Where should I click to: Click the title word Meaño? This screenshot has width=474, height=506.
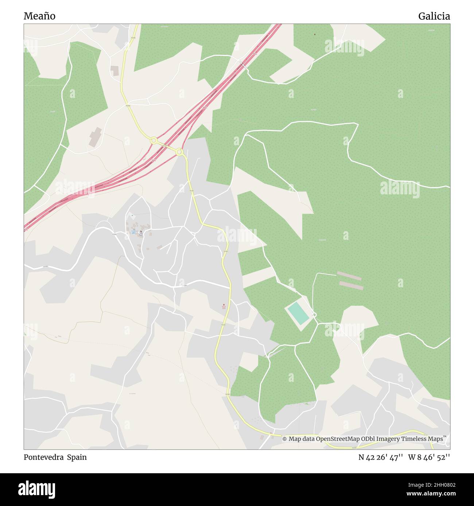[39, 16]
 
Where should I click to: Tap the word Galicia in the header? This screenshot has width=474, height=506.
[434, 16]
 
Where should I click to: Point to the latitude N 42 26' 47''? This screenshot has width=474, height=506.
[381, 457]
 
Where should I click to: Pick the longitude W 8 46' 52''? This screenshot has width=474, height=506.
[429, 457]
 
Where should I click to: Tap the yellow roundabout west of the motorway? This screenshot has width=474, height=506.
[154, 140]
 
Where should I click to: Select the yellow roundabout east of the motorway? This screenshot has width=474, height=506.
[179, 152]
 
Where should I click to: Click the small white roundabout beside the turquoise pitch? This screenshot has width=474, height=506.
[314, 315]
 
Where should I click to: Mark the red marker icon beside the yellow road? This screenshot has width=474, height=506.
[224, 306]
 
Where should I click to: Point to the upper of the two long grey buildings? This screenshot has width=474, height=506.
[349, 276]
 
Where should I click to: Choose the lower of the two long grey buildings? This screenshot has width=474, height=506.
[351, 285]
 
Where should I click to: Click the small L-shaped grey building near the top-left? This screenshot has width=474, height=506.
[115, 71]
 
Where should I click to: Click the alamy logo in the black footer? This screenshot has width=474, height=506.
[37, 489]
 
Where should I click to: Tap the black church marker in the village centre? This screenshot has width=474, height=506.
[141, 232]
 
